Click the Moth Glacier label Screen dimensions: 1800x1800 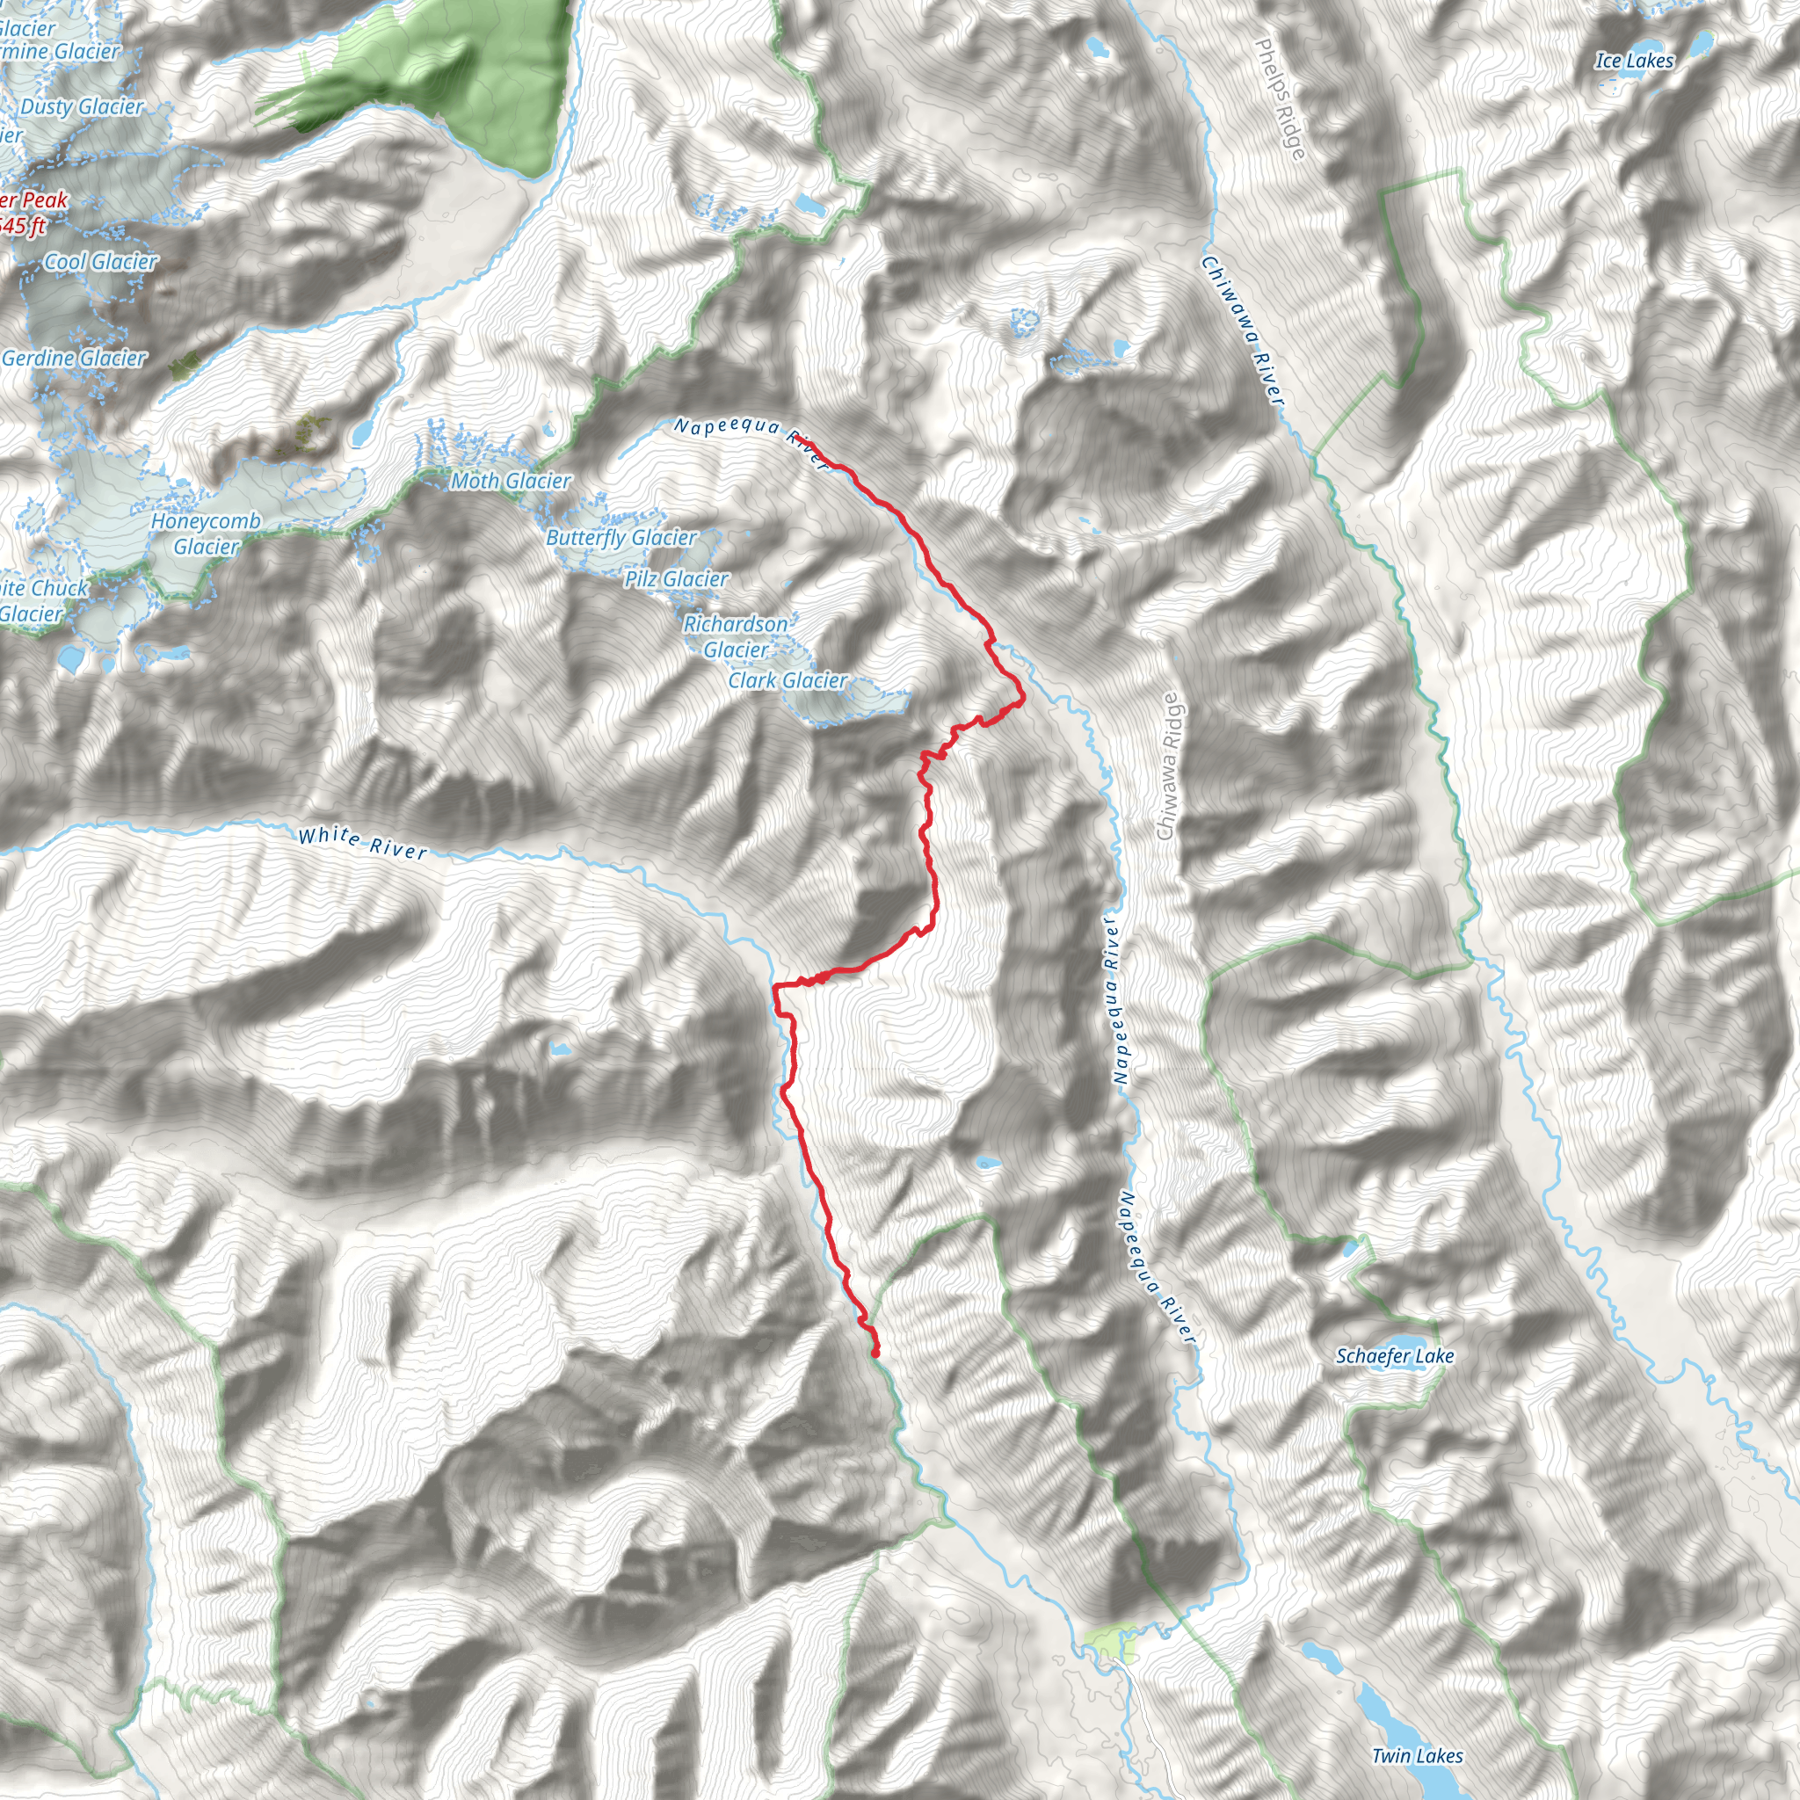[511, 481]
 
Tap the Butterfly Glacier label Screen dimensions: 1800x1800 [621, 538]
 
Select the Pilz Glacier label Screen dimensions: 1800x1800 [677, 578]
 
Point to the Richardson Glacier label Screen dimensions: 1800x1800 [736, 636]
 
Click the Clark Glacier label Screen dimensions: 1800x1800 [788, 680]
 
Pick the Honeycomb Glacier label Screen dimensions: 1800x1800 [206, 533]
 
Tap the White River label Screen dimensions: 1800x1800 [362, 842]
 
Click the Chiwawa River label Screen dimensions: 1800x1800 [1243, 330]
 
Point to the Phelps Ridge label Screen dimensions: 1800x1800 [1280, 98]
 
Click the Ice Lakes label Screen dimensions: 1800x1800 [1634, 61]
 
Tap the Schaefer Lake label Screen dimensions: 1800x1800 [1395, 1355]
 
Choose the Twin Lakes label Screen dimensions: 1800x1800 [1417, 1755]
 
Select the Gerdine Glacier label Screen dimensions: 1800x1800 [75, 358]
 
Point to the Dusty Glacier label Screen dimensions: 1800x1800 [82, 106]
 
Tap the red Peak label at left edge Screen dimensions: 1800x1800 [33, 200]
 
